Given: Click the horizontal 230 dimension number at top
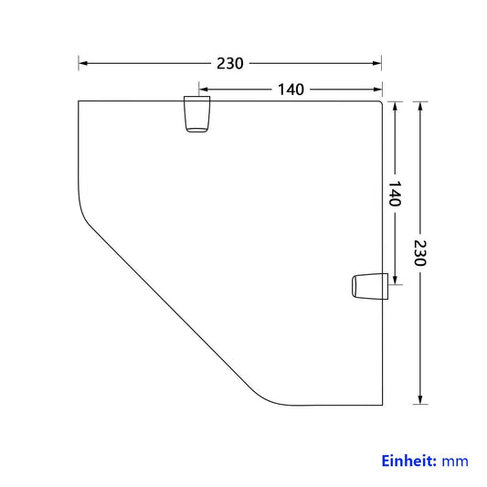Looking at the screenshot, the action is point(230,63).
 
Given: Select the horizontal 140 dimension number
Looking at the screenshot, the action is point(291,90).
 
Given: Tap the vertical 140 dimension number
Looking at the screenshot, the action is point(395,194).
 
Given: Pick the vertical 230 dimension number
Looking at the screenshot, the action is point(420,253).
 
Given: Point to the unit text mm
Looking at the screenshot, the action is point(455,461).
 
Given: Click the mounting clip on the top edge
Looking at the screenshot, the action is point(197,114).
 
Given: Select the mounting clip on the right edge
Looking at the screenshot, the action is point(370,286).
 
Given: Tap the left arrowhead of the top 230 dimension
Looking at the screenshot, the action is point(82,63).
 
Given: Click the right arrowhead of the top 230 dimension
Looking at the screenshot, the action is point(377,63).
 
